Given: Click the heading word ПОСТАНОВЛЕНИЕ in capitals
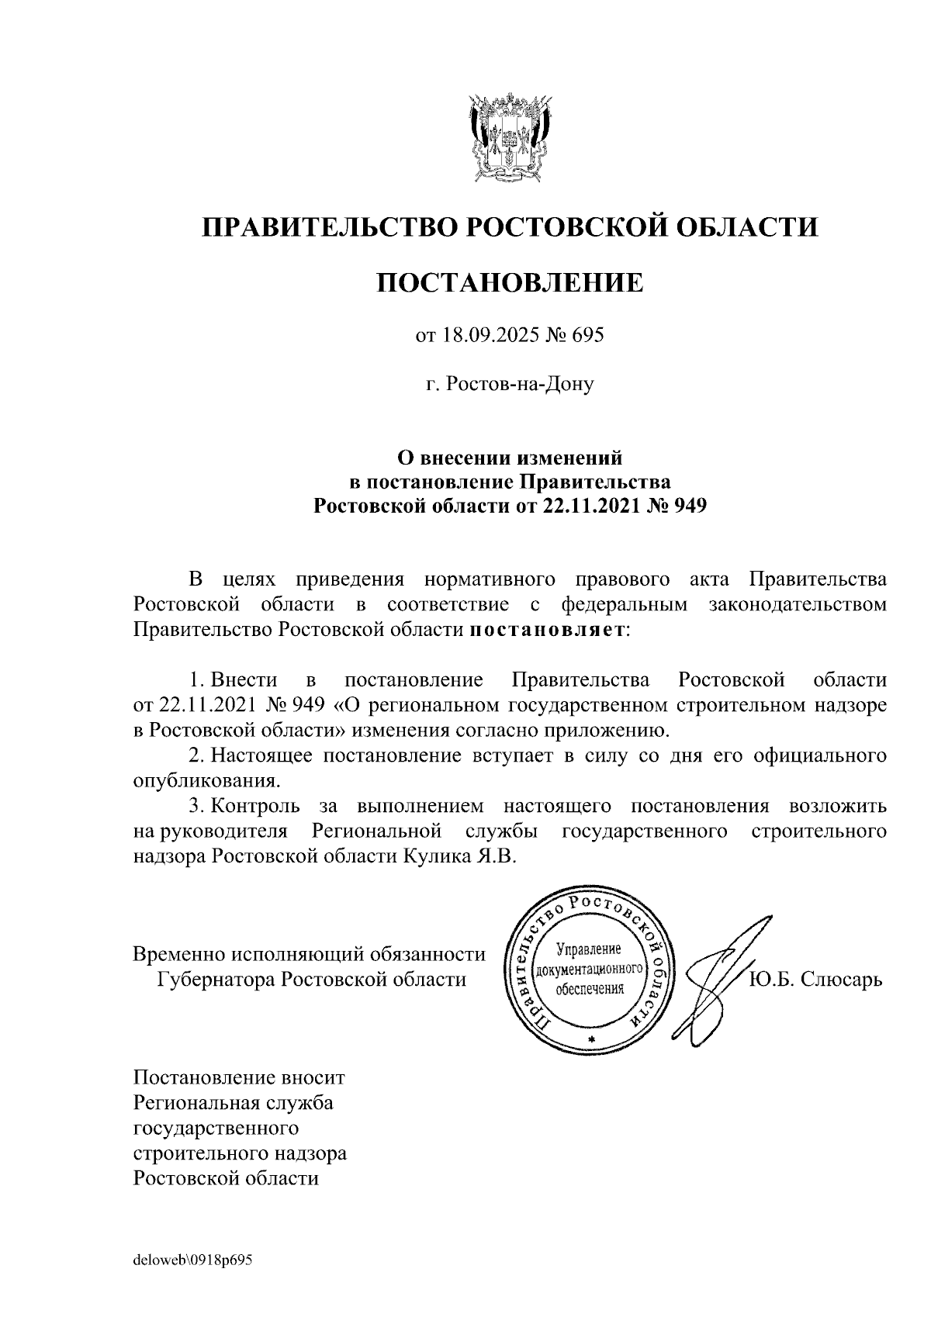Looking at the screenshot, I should coord(510,282).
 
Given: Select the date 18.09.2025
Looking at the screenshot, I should coord(497,336).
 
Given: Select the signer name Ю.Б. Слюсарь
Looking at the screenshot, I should coord(815,979).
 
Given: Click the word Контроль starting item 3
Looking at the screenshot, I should coord(254,806).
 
